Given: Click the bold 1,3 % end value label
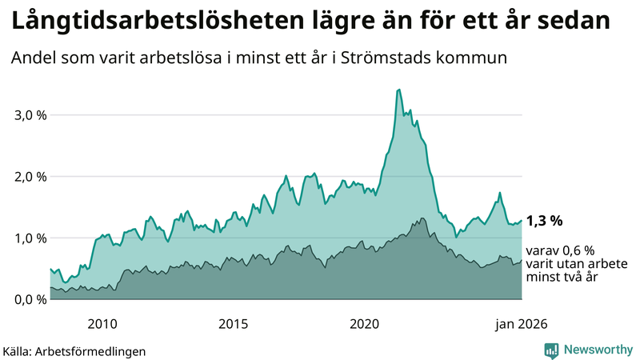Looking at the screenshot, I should point(545,221).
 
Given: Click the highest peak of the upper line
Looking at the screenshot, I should point(398,90).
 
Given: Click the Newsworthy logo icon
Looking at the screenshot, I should point(551,350).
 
